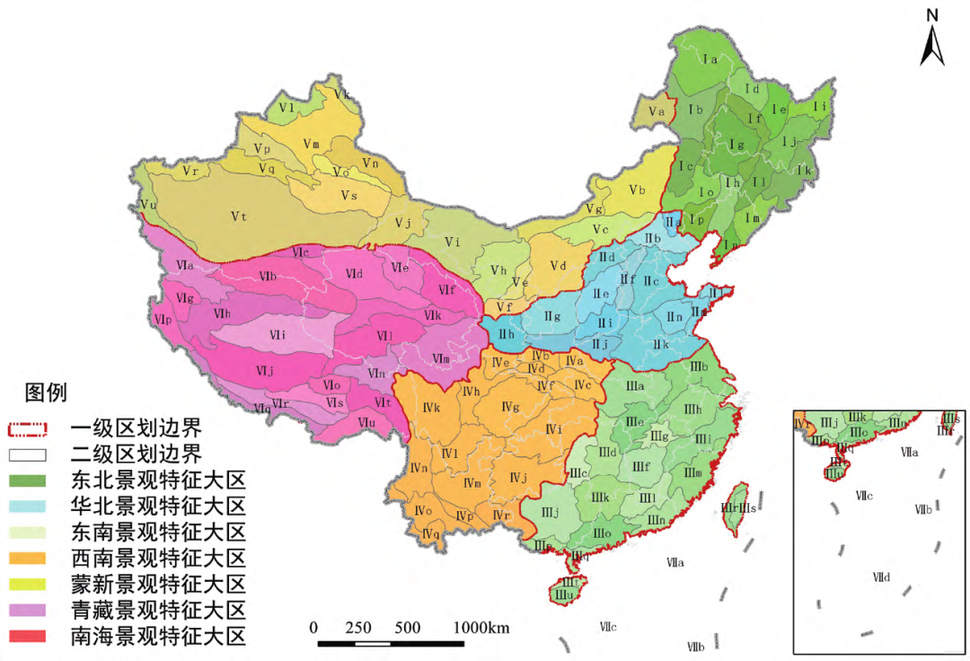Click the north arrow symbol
[932, 40]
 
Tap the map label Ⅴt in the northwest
[239, 216]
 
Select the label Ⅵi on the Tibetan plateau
[278, 334]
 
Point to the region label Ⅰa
[710, 59]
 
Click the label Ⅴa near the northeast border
[656, 111]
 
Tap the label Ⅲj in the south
[551, 512]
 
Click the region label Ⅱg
[552, 316]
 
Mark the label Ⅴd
[559, 266]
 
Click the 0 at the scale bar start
[313, 627]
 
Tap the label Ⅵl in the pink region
[384, 336]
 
